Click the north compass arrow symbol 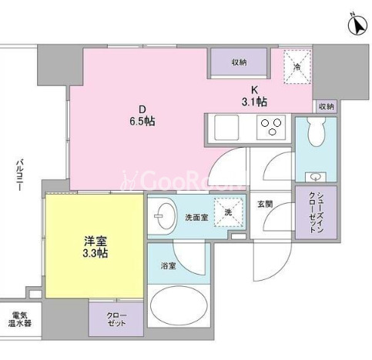(357, 25)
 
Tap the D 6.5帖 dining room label (142, 116)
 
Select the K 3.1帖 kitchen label (254, 96)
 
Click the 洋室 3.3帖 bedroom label (95, 247)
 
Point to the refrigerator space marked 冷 (297, 67)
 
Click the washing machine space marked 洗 (229, 212)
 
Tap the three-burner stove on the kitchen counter (271, 127)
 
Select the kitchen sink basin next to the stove (226, 128)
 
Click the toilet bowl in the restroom (316, 132)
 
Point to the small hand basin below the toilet (316, 177)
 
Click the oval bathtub (179, 306)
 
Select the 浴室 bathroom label (169, 266)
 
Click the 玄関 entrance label (265, 205)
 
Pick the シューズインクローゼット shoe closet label (316, 212)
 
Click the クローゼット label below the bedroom (116, 319)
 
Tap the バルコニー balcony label (20, 175)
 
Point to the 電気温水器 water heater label (20, 319)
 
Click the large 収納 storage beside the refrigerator (239, 62)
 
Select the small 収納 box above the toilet (327, 106)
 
